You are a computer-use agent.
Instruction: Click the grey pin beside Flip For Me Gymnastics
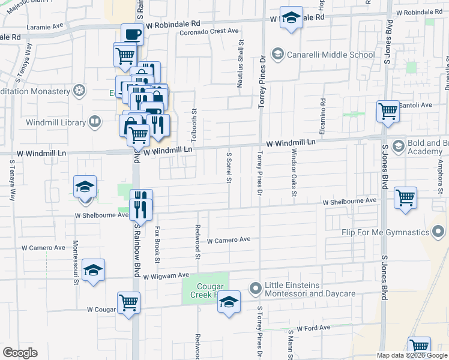439,232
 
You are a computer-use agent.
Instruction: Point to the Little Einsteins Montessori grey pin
256,289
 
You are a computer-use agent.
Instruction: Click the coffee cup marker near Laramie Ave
132,34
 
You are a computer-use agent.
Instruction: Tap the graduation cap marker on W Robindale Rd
291,18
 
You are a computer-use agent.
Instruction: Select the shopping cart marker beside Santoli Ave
388,110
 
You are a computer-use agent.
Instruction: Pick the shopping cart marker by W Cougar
128,302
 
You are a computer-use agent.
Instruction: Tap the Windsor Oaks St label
294,174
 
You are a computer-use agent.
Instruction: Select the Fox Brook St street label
157,244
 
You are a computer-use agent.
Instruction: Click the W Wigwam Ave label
166,276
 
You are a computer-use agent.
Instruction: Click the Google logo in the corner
20,353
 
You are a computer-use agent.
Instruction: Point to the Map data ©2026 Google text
411,355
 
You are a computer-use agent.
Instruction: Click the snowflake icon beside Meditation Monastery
79,91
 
